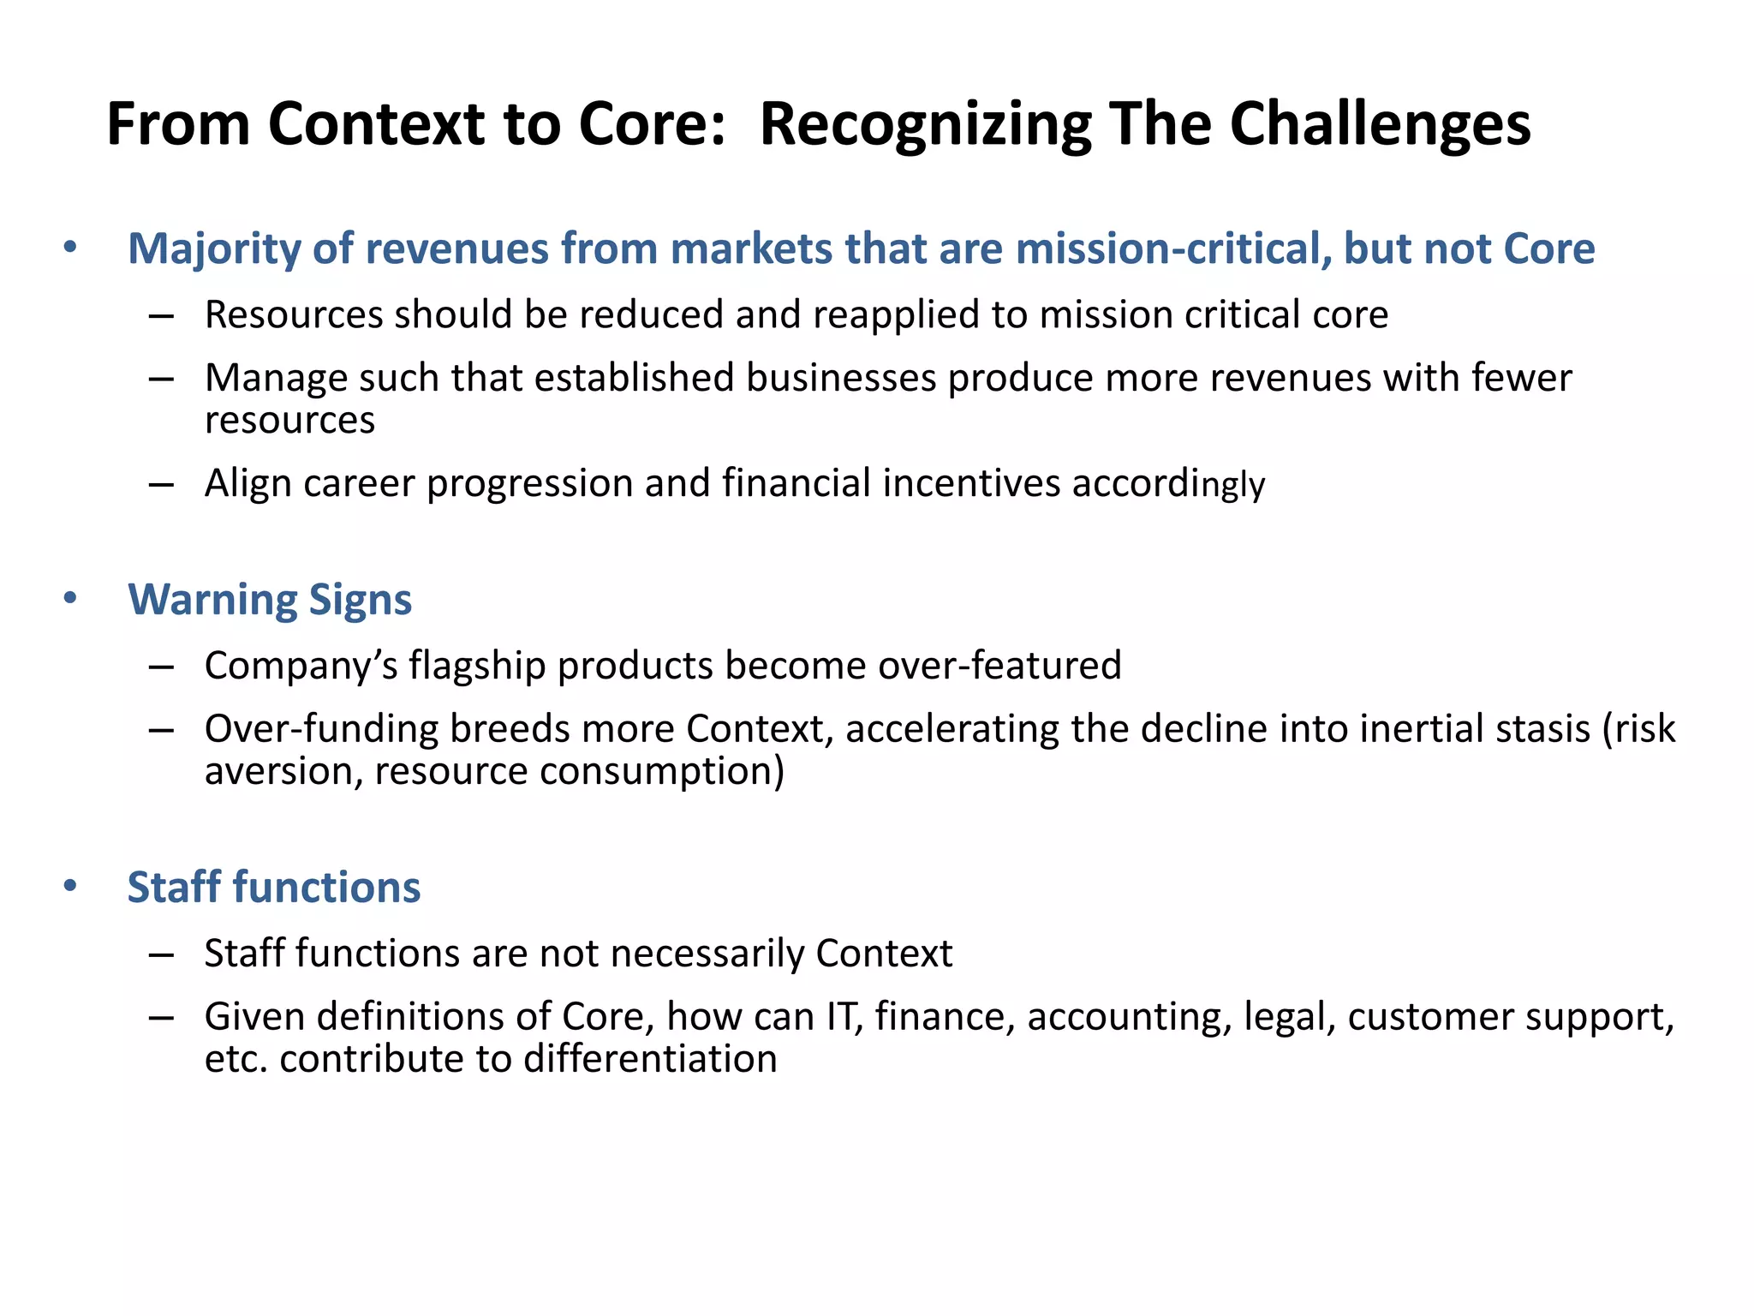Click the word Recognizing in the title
(x=925, y=126)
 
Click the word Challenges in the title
(x=1380, y=126)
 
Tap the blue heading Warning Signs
(x=270, y=600)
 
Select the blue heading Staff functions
(x=274, y=888)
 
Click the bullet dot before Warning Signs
(x=70, y=598)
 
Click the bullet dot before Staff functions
(x=70, y=886)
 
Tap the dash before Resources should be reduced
(x=161, y=316)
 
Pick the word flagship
(x=477, y=666)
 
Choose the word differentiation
(x=650, y=1060)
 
